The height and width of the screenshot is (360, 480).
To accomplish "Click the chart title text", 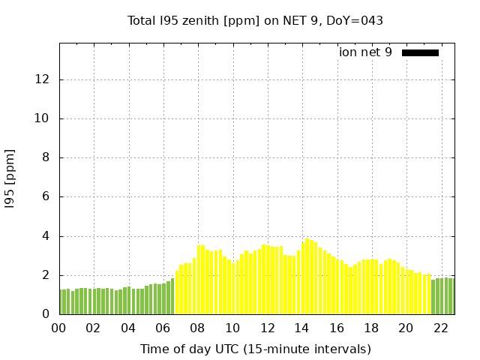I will (255, 21).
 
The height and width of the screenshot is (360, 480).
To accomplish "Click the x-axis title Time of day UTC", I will (255, 349).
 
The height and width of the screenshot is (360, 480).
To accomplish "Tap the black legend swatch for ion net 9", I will (420, 52).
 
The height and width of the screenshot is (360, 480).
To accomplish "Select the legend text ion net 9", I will (365, 52).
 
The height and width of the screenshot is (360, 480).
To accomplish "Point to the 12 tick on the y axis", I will (44, 79).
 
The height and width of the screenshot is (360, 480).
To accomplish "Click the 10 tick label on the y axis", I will (44, 118).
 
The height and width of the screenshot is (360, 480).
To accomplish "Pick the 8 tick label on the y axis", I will (47, 157).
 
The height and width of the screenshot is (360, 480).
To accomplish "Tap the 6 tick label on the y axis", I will (47, 196).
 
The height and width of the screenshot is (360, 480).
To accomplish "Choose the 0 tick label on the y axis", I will (47, 314).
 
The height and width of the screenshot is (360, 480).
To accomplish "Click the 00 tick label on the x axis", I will (59, 328).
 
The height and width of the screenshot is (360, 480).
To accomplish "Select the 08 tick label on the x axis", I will (198, 328).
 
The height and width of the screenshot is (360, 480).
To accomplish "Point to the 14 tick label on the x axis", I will (301, 328).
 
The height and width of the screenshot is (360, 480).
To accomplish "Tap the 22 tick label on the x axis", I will (440, 328).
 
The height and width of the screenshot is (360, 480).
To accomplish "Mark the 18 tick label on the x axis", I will (371, 328).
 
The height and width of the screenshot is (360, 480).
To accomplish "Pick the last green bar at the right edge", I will (451, 296).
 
